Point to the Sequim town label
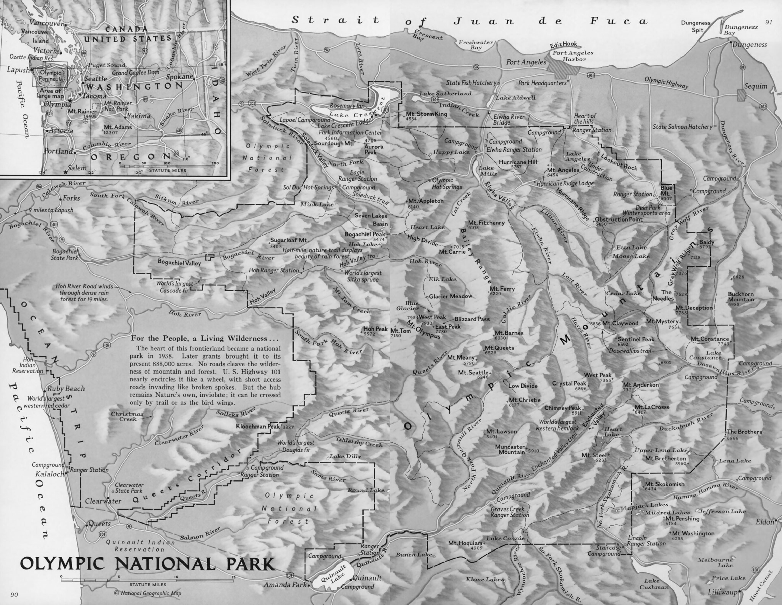[756, 86]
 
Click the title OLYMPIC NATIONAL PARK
[147, 564]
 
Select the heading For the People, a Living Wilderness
[205, 338]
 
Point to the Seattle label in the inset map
[96, 79]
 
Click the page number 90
[14, 595]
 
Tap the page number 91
[769, 22]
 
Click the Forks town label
[71, 198]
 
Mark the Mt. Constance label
[709, 339]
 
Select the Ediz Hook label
[563, 44]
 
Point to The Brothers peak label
[744, 432]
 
